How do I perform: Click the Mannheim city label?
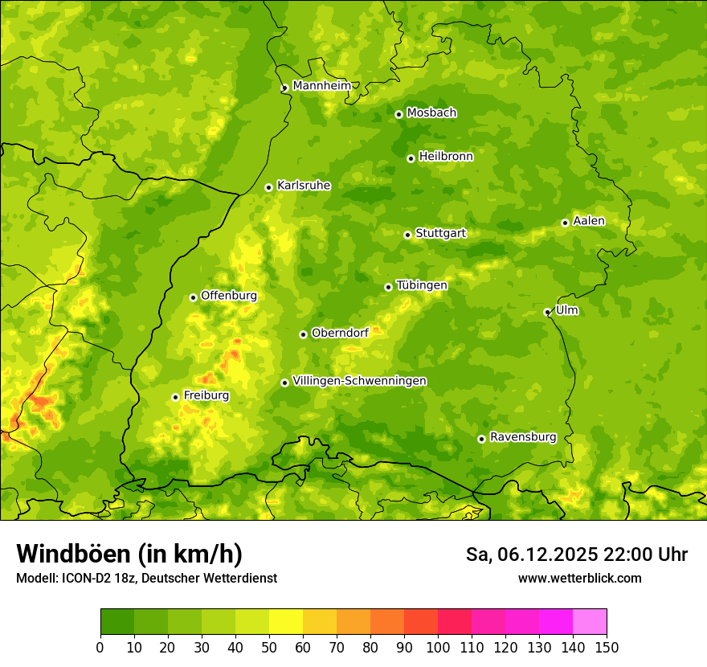coord(321,86)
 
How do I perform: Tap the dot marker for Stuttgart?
coord(407,235)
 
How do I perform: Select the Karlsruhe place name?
coord(304,186)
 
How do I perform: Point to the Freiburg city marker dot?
coord(175,397)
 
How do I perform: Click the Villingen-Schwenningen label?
coord(360,381)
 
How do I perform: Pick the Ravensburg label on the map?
coord(523,437)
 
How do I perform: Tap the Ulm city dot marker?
coord(547,312)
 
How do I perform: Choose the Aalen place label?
coord(589,221)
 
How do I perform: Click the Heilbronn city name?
coord(446,157)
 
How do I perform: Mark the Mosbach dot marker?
coord(398,114)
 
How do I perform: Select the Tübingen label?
coord(422,285)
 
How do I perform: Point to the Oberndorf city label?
coord(340,333)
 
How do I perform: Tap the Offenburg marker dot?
coord(193,297)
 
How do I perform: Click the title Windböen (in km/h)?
coord(129,554)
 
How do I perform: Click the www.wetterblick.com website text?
coord(579,578)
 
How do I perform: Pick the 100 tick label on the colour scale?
coord(437,647)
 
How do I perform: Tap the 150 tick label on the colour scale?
coord(607,647)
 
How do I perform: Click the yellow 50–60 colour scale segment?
coord(286,622)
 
